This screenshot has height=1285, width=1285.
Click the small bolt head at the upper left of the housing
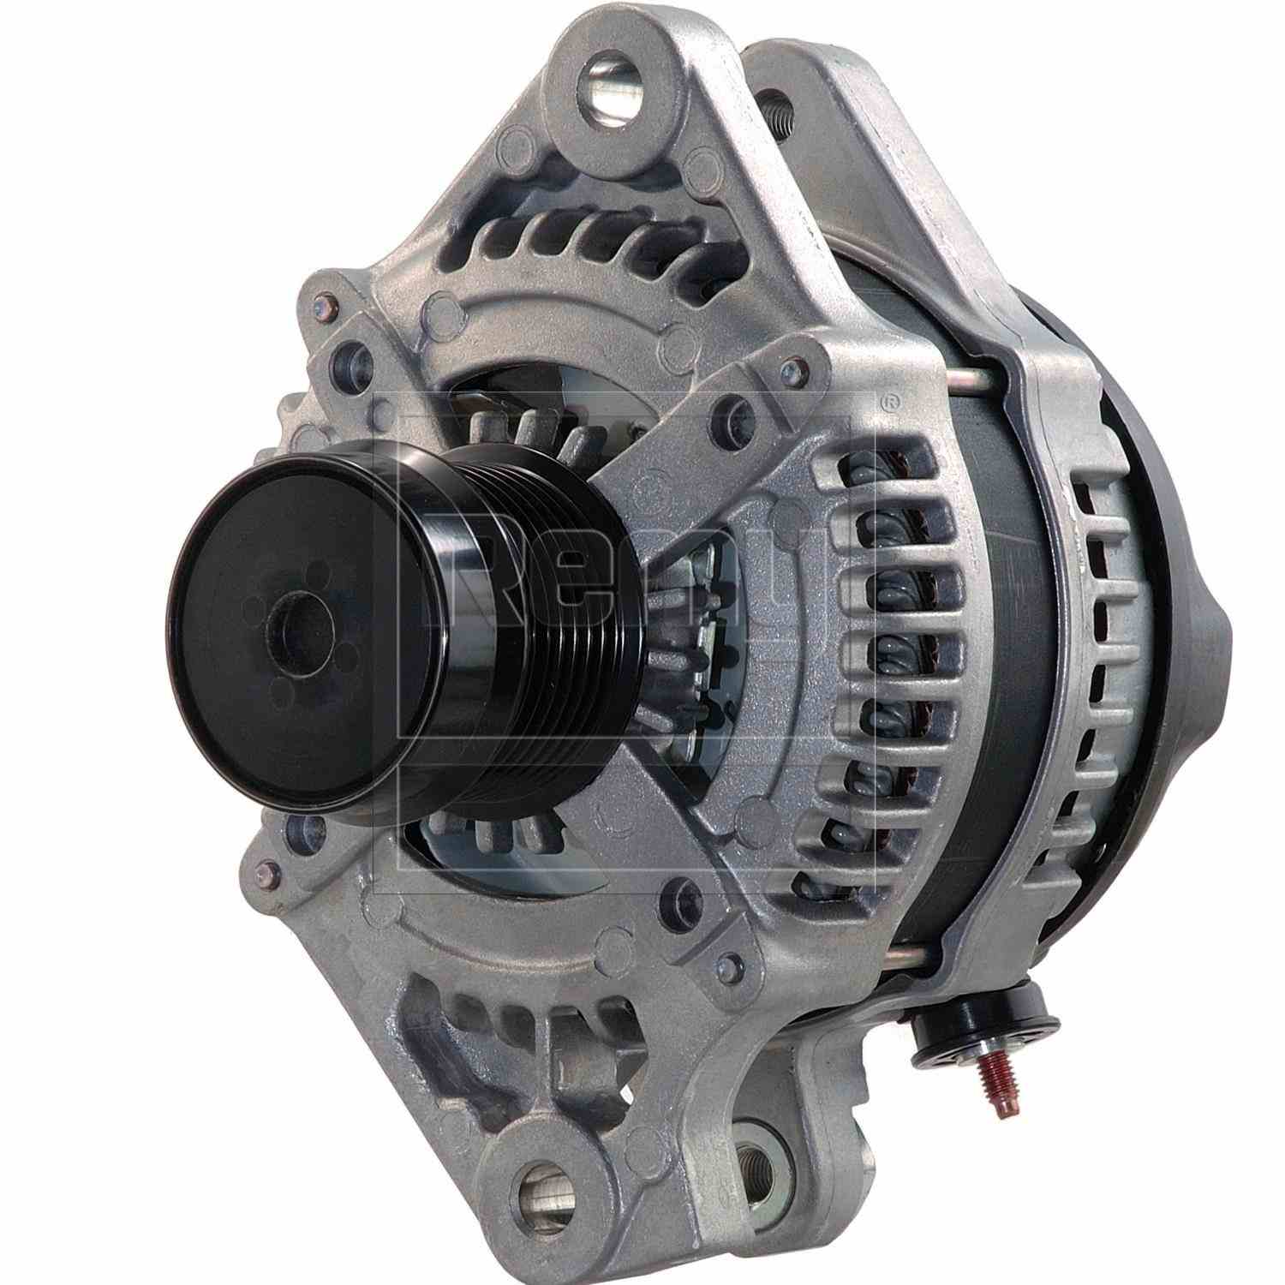tap(323, 304)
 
